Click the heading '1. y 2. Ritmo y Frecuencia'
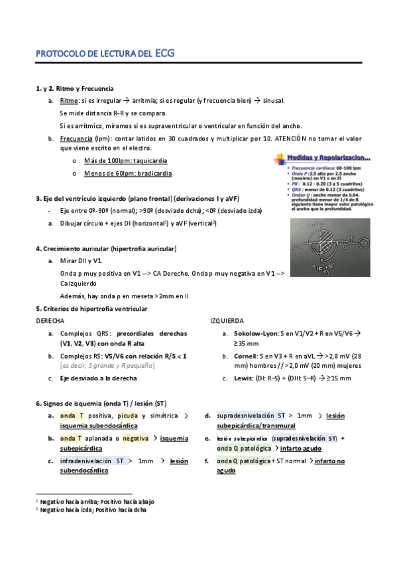click(74, 88)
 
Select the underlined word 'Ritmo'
click(68, 101)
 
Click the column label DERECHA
click(50, 320)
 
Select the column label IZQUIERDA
click(227, 320)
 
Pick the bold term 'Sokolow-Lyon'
click(255, 333)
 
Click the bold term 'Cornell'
click(245, 357)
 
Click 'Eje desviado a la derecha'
click(98, 379)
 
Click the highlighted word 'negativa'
click(135, 438)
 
